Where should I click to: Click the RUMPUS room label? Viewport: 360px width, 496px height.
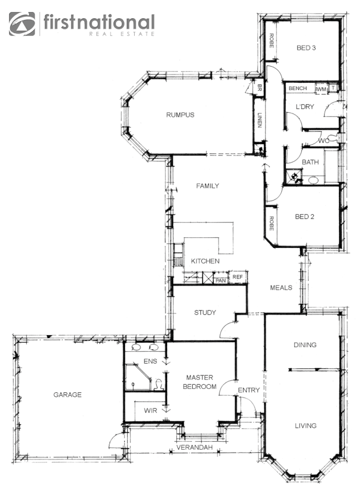tap(180, 115)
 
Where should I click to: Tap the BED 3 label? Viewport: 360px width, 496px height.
tap(306, 48)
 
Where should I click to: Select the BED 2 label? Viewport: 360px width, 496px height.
tap(305, 217)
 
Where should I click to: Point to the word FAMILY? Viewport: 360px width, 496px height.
tap(208, 186)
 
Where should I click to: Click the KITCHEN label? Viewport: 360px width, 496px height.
tap(205, 261)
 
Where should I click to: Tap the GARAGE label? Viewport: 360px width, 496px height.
tap(67, 395)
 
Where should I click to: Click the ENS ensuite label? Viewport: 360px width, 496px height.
tap(150, 361)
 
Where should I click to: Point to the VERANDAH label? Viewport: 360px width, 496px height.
tap(194, 448)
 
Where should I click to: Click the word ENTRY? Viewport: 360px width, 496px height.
tap(249, 391)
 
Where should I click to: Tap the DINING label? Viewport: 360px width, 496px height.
tap(305, 345)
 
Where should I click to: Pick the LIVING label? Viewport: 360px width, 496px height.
tap(305, 426)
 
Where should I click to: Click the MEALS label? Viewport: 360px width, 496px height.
tap(281, 288)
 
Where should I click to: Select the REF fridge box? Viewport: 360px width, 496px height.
tap(237, 277)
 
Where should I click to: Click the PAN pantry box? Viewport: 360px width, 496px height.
tap(221, 280)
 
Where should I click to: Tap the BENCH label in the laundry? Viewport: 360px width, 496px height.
tap(298, 88)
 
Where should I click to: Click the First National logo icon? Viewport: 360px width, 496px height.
tap(22, 24)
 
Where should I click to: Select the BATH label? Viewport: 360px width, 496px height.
tap(310, 162)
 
